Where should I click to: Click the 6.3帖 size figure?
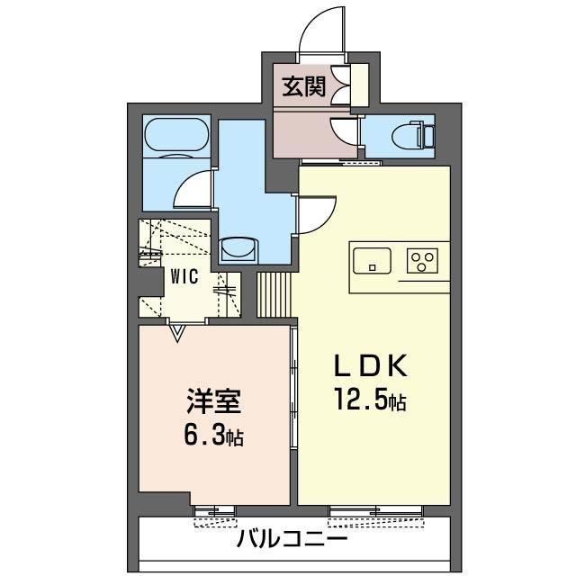tap(213, 436)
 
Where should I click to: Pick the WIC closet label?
tap(185, 277)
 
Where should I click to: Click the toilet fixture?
tap(418, 135)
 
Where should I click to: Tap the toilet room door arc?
tap(345, 131)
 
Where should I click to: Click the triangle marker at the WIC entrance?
tap(177, 336)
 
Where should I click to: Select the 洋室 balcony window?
tap(215, 513)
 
